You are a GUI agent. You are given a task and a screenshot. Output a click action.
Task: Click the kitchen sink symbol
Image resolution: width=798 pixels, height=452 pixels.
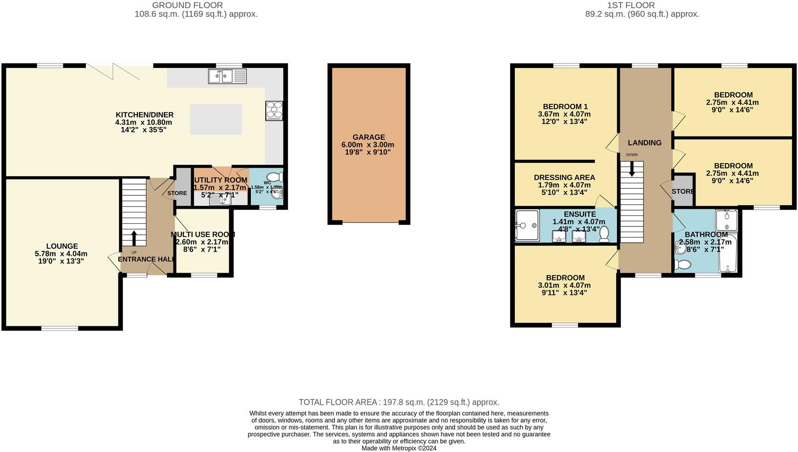coord(227,76)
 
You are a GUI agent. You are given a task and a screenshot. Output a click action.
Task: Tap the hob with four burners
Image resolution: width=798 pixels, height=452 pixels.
coord(274,110)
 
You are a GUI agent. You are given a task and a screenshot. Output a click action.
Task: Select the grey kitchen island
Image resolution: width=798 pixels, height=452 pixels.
coord(216,119)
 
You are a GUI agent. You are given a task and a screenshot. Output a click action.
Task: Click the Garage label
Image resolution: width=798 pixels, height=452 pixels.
coord(369,137)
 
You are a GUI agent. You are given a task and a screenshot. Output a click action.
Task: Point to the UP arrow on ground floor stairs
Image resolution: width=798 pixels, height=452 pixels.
coord(134,238)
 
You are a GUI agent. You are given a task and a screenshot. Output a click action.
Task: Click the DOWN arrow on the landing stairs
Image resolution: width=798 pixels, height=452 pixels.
coord(632,169)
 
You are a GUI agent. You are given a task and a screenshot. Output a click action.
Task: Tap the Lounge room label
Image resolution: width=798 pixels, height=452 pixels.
coord(62,246)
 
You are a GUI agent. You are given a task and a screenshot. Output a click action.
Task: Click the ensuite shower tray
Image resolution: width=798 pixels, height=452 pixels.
coord(527,225)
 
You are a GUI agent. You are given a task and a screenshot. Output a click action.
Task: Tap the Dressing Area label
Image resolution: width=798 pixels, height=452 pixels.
coord(564,177)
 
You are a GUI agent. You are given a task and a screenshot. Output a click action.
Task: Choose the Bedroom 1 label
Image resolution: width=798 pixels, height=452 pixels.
coord(564,106)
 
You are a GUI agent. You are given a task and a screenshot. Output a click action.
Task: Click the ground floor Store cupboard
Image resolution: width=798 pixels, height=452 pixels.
coord(182,186)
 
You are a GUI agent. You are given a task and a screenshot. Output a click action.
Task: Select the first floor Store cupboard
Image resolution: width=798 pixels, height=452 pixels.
coord(683,191)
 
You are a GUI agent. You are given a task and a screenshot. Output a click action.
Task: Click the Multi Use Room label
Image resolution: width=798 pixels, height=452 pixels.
coord(202,234)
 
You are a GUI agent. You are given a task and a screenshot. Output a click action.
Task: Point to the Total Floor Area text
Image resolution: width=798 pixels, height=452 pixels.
coord(399,402)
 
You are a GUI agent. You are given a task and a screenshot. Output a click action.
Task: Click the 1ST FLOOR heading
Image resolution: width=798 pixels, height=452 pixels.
coord(631,5)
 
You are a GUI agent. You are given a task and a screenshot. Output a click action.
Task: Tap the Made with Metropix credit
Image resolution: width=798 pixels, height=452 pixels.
coord(399,448)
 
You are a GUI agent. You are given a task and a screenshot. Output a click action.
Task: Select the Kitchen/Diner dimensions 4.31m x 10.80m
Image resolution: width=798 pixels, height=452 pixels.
coord(144,122)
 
